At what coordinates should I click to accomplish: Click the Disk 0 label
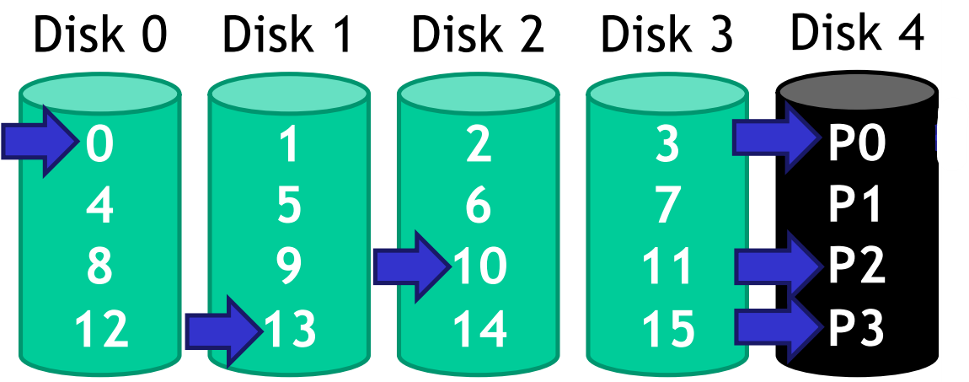(100, 35)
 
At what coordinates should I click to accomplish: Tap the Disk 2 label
(478, 35)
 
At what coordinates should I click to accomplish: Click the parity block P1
(855, 205)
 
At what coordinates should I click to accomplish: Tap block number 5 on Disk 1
(288, 205)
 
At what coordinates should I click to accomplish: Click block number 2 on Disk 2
(478, 144)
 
